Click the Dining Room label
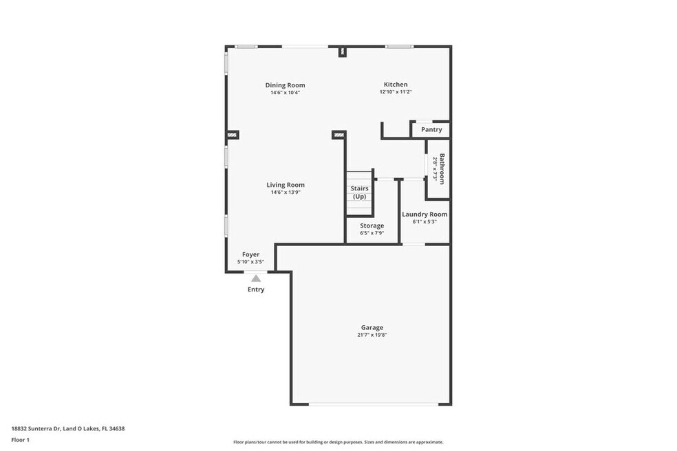(285, 85)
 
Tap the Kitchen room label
(396, 84)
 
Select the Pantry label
(431, 129)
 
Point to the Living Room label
(286, 185)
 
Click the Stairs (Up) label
(359, 192)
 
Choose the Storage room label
(372, 225)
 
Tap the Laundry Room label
(425, 214)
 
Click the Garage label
(372, 327)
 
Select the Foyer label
(251, 254)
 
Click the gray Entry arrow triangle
(256, 278)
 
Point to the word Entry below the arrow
(256, 289)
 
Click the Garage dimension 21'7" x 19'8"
(372, 335)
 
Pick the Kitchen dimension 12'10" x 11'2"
(396, 92)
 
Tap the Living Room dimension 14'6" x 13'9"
(286, 192)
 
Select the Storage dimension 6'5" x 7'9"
(372, 233)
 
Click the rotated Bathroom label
(442, 168)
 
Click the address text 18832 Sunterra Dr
(36, 428)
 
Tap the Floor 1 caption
(20, 440)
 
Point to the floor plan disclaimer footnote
(338, 442)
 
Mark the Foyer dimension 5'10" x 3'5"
(251, 262)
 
